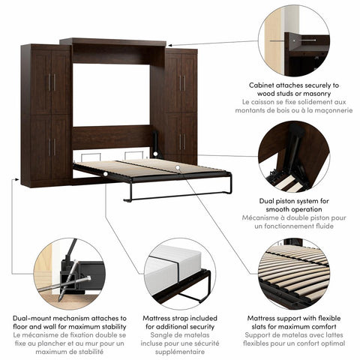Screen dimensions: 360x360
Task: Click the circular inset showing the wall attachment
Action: tap(293, 40)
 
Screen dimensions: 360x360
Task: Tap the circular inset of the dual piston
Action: tap(294, 157)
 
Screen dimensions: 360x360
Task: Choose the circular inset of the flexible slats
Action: tap(293, 273)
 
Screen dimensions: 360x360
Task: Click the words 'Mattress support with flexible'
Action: tap(293, 319)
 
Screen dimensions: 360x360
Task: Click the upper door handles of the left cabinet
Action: tap(52, 82)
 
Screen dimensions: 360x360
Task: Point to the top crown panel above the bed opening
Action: tap(112, 41)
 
